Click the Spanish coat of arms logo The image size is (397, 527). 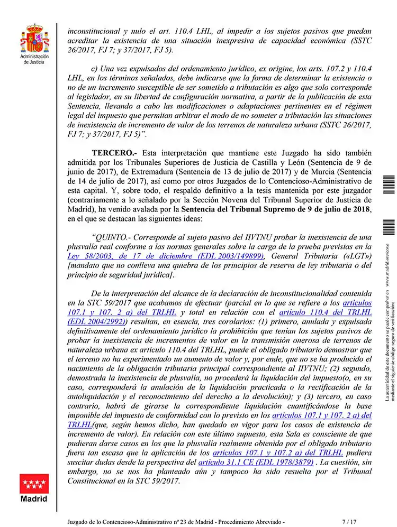point(34,38)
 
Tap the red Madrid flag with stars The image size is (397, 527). point(34,484)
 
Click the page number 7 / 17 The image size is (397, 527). point(350,521)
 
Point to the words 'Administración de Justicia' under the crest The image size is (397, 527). point(34,59)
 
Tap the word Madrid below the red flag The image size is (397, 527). point(34,498)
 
